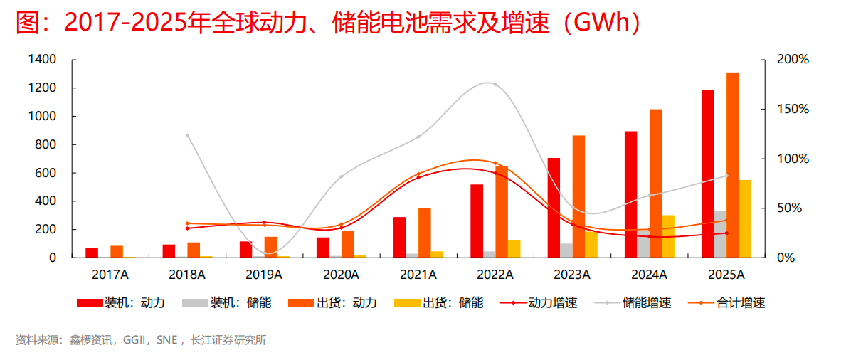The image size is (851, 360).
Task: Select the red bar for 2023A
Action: point(554,208)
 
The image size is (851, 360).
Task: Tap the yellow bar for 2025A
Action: point(745,218)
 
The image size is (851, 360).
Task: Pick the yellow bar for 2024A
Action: point(668,236)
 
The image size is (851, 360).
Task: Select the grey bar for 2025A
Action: point(720,234)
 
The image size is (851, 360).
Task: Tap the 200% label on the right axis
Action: point(793,60)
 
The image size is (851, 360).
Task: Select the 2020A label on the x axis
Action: point(341,275)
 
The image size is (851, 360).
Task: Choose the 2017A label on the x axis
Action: point(110,275)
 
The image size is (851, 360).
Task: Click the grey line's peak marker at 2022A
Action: point(495,85)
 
